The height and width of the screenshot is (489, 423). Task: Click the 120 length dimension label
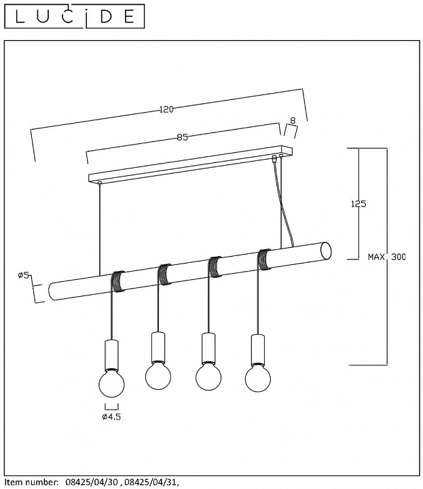click(166, 109)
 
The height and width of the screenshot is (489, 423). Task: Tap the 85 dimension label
click(183, 137)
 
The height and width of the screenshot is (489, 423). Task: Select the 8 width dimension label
click(293, 120)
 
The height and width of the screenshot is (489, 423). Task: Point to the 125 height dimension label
click(358, 204)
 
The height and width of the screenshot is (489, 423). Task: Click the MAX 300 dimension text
click(387, 257)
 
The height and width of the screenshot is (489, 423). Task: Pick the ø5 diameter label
click(24, 275)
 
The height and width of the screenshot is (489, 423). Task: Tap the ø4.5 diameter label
click(111, 416)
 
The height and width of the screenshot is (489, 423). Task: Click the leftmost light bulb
click(111, 383)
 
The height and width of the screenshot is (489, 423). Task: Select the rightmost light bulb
click(258, 378)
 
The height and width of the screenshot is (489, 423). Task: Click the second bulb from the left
click(158, 376)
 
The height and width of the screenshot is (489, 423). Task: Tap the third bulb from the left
click(208, 377)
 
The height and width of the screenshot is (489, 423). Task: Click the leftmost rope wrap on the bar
click(118, 281)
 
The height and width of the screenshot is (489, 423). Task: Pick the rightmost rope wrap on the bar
click(264, 259)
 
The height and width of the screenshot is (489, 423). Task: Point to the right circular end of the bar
click(327, 251)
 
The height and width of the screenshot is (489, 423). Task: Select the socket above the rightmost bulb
click(258, 350)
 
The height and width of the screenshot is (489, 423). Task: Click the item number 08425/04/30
click(92, 482)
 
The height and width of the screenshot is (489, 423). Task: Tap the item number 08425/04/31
click(151, 482)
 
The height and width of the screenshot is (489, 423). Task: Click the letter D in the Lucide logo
click(107, 16)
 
